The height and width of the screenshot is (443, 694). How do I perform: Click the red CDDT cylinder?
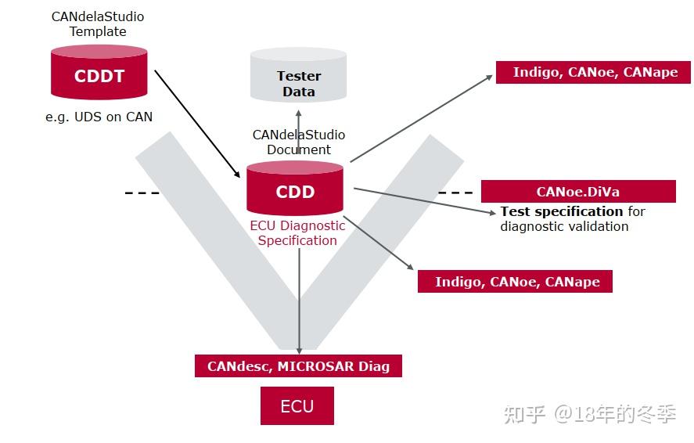[x=99, y=76]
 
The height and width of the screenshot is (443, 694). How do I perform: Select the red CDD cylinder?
[x=294, y=190]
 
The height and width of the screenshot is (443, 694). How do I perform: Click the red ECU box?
[x=297, y=406]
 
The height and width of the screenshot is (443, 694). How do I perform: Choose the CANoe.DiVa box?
[x=577, y=192]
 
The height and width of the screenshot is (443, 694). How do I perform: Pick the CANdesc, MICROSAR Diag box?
[x=298, y=366]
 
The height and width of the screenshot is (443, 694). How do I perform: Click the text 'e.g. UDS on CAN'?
[x=99, y=117]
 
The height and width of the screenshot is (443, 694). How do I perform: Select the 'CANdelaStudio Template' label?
[x=98, y=23]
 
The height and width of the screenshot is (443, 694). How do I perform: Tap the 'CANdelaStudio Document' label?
[x=298, y=142]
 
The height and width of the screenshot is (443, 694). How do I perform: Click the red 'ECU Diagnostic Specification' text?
[x=297, y=232]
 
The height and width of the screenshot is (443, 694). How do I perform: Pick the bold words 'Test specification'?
[x=562, y=211]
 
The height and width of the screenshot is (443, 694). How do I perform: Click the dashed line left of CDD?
[x=142, y=193]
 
